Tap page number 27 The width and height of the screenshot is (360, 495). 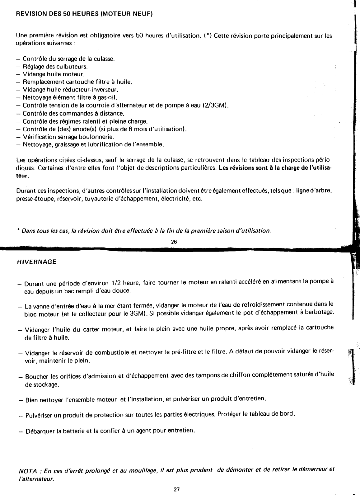pos(176,489)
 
